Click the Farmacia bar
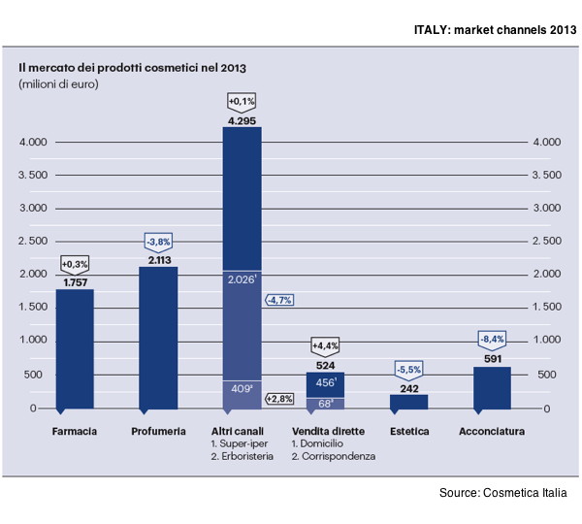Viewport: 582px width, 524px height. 75,348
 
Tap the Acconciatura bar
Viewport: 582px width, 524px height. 492,387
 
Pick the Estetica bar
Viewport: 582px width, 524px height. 408,401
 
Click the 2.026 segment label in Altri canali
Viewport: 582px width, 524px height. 241,279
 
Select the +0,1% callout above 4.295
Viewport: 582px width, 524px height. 241,101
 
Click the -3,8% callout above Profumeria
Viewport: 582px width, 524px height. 158,241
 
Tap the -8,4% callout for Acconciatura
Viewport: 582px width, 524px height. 492,339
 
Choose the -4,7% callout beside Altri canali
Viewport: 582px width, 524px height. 280,300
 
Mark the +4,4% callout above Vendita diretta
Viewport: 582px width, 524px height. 325,345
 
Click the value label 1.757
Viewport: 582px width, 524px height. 75,282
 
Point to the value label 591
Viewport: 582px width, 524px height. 492,357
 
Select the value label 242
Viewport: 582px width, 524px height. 408,386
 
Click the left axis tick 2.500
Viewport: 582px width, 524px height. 33,242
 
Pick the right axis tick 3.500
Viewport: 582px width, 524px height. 546,176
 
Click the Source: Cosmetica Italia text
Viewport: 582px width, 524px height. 502,494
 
